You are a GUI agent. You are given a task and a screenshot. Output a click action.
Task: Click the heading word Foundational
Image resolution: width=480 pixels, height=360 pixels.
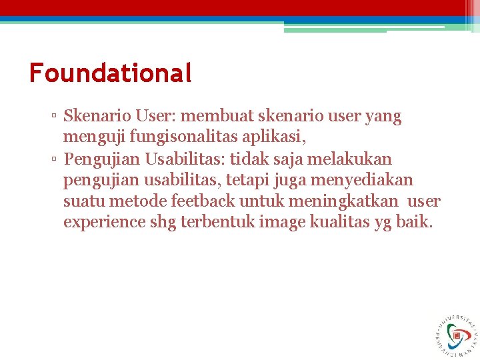coord(111,72)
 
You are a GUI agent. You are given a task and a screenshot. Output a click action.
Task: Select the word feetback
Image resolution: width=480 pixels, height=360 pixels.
coord(201,201)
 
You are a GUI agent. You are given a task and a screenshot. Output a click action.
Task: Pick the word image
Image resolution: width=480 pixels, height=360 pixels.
coord(286,223)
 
